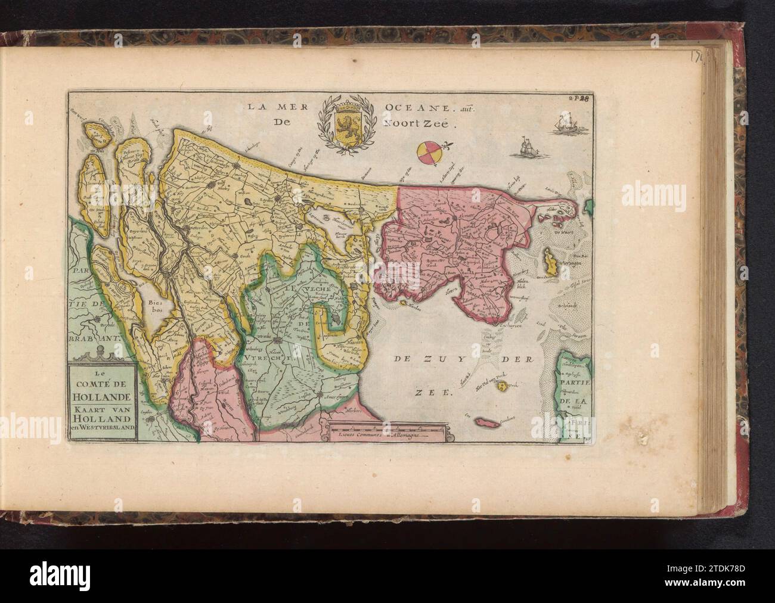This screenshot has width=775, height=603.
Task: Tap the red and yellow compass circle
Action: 429,153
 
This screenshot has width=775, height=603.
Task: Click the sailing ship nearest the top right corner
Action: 567,126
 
